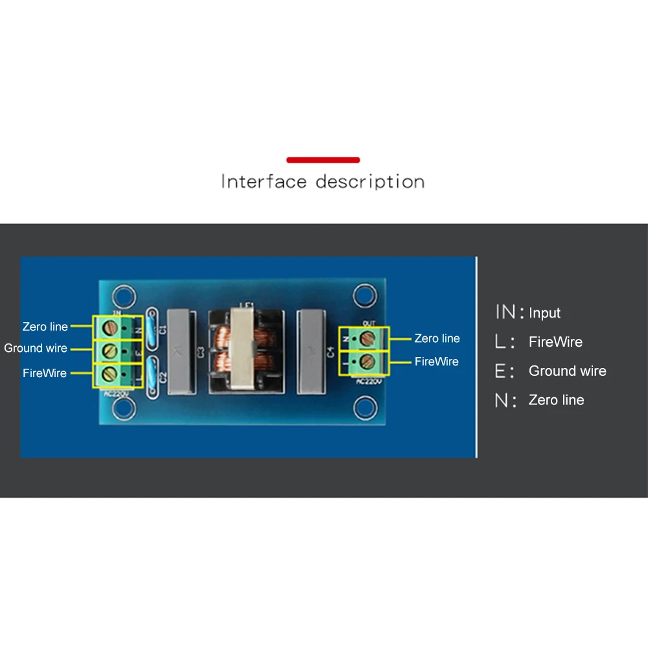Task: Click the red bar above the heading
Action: coord(323,159)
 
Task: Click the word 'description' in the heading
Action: coord(370,181)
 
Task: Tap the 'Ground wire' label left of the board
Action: coord(36,348)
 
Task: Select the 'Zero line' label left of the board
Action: coord(45,327)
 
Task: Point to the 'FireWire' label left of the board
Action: coord(45,373)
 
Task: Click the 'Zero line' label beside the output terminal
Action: coord(437,338)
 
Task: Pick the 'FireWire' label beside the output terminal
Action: coord(437,362)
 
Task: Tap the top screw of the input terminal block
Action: coord(110,327)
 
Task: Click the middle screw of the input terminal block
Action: coord(110,351)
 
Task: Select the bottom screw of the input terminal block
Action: coord(110,373)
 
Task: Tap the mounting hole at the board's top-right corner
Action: coord(364,297)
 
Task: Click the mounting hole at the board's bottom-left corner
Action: coord(122,408)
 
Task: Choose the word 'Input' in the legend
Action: coord(544,313)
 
